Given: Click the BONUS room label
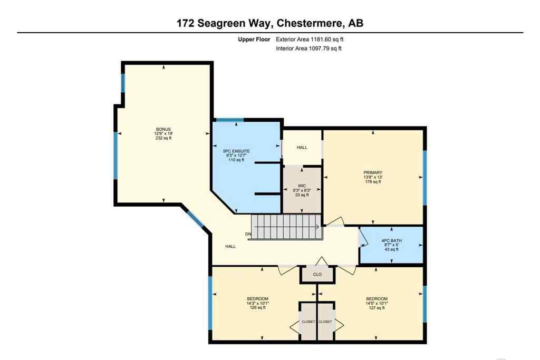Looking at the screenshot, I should point(163,129).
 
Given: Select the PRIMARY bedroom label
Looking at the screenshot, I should point(372,173).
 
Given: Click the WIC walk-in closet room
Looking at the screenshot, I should point(302,190).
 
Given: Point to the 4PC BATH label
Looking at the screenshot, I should point(391,240).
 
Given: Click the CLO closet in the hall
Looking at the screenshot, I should point(317,274).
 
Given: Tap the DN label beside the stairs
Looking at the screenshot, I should point(247,234).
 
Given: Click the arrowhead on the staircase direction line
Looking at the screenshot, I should point(318,228).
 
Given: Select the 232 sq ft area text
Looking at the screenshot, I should point(163,138).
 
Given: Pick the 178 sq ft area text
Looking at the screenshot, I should point(373,182).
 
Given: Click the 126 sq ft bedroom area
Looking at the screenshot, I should point(257,308).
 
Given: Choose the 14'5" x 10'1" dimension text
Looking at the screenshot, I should point(377,303).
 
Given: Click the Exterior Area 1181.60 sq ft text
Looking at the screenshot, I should point(310,40).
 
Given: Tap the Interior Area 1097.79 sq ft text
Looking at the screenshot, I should point(308,48).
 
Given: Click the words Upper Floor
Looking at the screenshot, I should point(254,40).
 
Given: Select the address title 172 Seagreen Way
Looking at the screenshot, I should point(221,23).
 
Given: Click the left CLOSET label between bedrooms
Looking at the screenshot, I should point(308,322).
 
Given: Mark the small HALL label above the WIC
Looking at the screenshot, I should point(302,148).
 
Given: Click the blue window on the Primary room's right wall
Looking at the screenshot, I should point(424,177).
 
